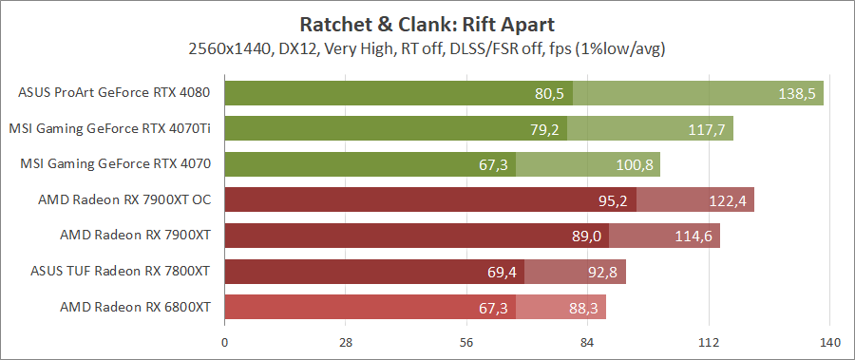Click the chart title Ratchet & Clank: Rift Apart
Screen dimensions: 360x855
[x=427, y=23]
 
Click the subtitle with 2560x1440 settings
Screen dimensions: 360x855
[x=427, y=47]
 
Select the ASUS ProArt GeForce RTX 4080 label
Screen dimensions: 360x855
[x=114, y=93]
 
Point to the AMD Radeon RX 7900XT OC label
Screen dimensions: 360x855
[x=123, y=199]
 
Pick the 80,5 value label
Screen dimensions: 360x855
[x=550, y=94]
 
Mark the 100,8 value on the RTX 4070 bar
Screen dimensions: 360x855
[x=634, y=165]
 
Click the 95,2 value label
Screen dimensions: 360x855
[x=614, y=201]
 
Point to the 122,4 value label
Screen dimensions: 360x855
[x=728, y=201]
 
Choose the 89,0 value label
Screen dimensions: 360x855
[x=586, y=237]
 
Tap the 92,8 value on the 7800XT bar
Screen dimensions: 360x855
[x=600, y=273]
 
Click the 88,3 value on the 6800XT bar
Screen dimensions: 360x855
[x=581, y=308]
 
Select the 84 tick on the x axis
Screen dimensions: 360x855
[x=587, y=343]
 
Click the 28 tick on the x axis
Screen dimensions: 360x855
[x=345, y=343]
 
